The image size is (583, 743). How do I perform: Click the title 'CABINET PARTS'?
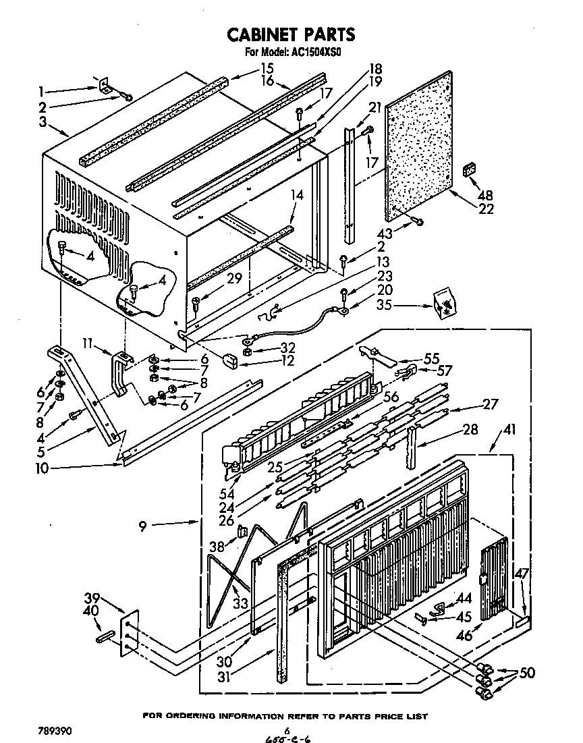click(x=290, y=34)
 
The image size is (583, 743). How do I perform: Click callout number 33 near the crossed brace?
click(x=240, y=602)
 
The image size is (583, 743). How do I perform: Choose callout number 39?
click(x=92, y=598)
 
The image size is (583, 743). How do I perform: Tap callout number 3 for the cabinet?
click(x=43, y=122)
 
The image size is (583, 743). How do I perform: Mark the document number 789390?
click(x=55, y=731)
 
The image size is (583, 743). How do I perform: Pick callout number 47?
click(x=522, y=574)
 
